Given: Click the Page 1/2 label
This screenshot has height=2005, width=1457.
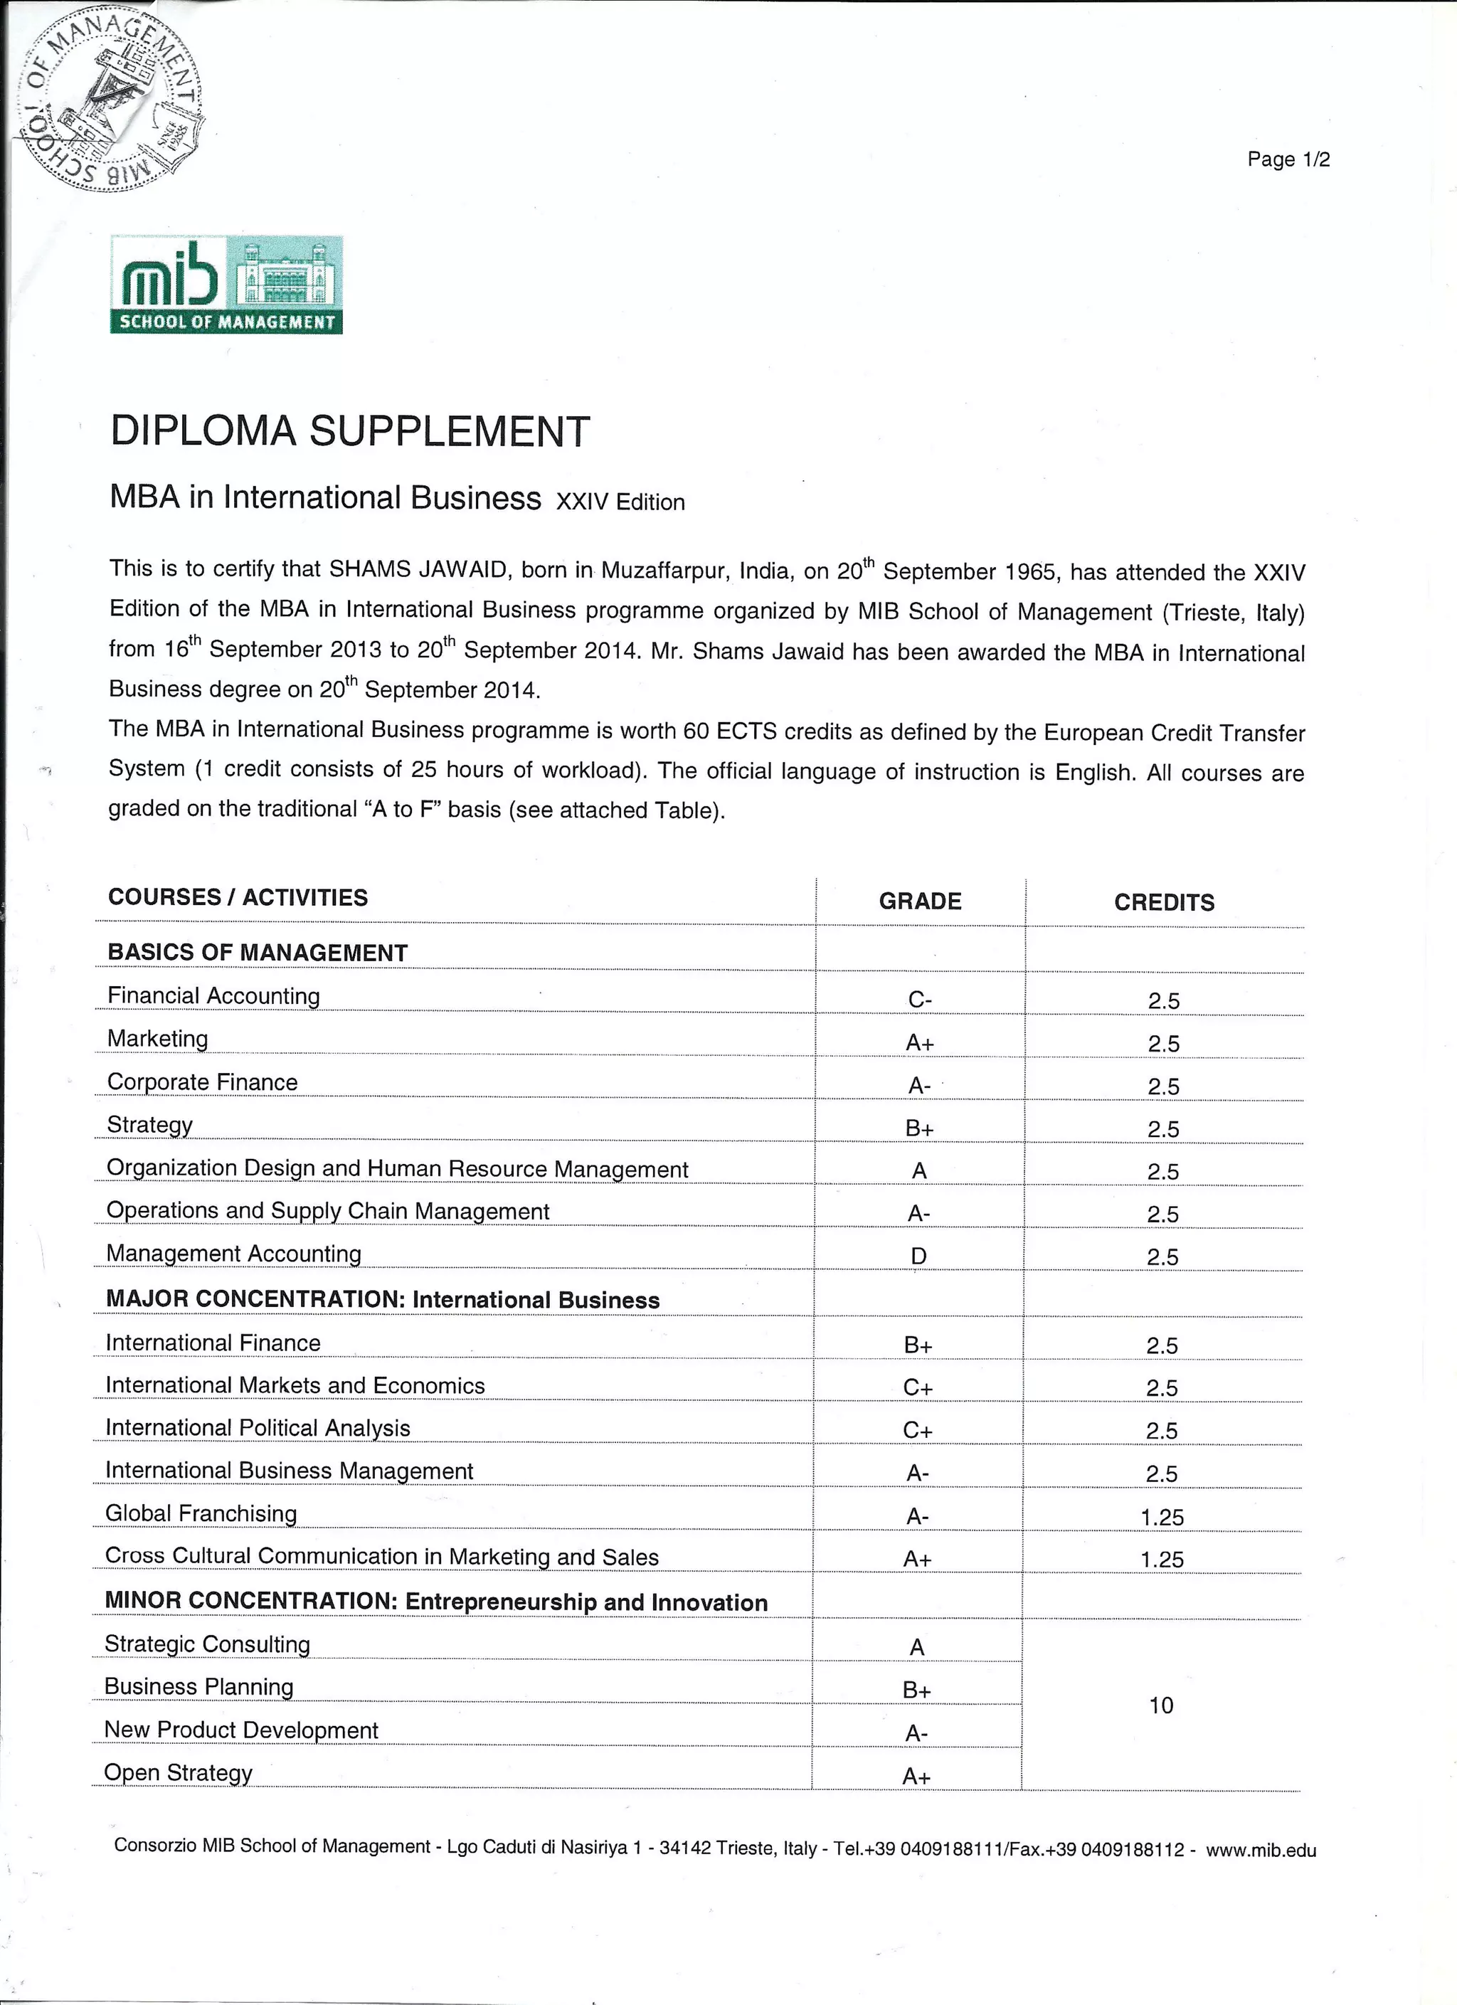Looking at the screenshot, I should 1288,160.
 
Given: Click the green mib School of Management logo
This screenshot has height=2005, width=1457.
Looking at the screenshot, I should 226,285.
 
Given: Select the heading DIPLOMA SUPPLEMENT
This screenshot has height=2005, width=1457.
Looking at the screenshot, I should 349,431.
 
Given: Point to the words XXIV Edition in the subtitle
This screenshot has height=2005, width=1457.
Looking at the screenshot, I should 620,502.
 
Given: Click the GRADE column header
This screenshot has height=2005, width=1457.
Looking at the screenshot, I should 919,901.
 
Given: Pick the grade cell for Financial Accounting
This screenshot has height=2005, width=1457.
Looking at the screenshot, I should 919,1000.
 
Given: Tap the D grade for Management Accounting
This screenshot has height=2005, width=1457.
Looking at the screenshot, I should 918,1257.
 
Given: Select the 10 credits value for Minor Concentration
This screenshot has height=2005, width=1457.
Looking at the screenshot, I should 1161,1705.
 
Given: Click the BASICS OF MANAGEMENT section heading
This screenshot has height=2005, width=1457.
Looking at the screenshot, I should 258,952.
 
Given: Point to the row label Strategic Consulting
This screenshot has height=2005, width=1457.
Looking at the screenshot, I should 207,1644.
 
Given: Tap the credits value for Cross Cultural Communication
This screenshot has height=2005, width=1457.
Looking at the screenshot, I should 1162,1560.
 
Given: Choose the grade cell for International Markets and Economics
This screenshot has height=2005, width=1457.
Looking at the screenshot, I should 918,1388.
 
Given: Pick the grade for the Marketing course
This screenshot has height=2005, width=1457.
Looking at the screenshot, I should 919,1043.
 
